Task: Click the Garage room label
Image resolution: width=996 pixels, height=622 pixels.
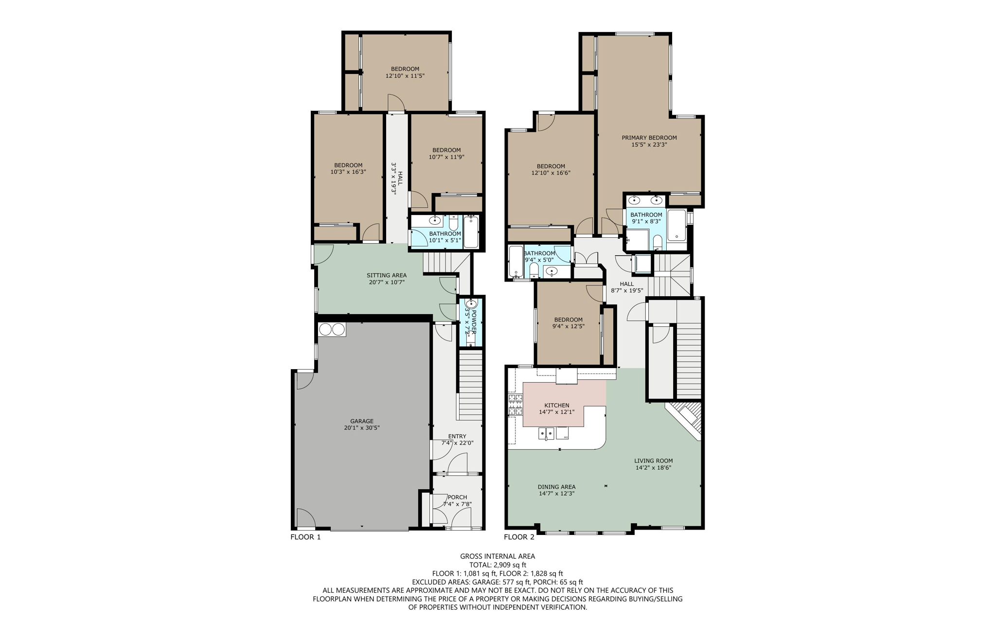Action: coord(362,421)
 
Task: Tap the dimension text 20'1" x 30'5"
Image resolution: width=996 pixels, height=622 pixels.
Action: coord(362,428)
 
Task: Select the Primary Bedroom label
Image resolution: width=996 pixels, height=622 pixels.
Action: coord(649,138)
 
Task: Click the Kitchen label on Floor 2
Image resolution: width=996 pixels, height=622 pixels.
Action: coord(556,405)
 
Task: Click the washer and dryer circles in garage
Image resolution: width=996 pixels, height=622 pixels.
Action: coord(332,330)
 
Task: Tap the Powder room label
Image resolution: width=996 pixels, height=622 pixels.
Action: coord(472,322)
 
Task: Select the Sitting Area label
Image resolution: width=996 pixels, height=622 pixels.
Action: coord(387,275)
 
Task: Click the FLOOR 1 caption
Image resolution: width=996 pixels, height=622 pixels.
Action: coord(305,537)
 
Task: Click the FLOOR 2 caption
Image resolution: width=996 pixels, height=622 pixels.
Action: coord(519,537)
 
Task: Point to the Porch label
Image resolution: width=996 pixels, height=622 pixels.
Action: coord(457,497)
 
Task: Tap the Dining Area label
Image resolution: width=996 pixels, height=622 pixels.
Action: coord(556,487)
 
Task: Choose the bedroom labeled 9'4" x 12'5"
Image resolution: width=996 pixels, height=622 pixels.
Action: coord(568,323)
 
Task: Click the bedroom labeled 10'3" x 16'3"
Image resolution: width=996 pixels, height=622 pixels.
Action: coord(348,168)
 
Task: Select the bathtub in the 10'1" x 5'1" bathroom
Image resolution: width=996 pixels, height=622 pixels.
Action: coord(471,232)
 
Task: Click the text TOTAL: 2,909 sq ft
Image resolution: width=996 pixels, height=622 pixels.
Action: coord(498,565)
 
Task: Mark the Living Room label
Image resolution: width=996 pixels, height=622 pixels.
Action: coord(653,461)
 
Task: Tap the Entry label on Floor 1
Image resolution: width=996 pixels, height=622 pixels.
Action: coord(457,436)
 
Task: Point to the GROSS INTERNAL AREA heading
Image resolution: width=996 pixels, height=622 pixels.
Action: coord(498,556)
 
